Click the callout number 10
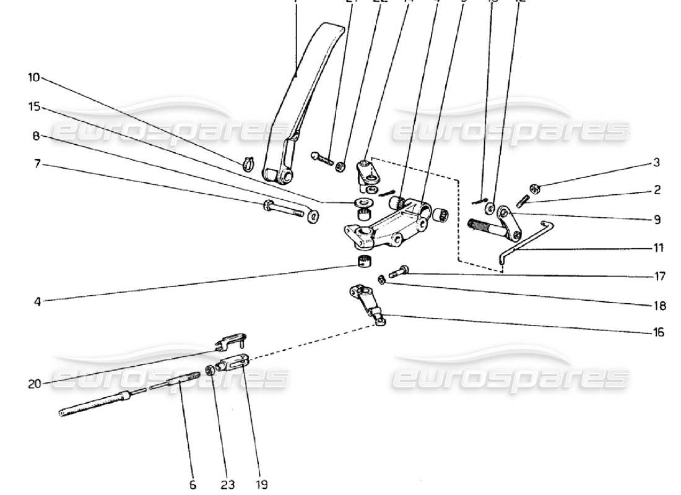33,77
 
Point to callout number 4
37,303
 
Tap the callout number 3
656,163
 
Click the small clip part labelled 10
248,164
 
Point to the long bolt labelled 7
288,210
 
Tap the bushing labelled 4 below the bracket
364,260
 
